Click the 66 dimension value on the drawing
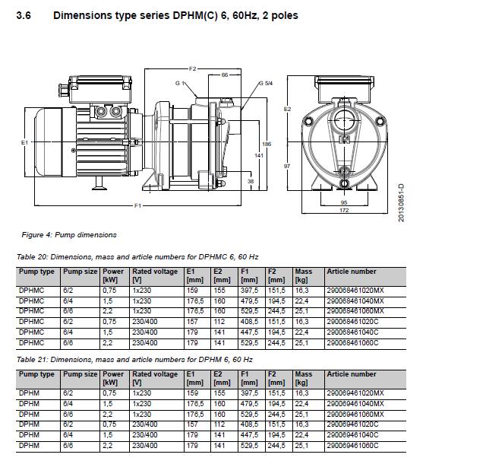(x=225, y=75)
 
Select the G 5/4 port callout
(x=265, y=83)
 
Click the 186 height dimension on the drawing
(x=266, y=143)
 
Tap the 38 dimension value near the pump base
(x=250, y=181)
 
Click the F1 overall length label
(x=138, y=205)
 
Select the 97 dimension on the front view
(x=288, y=166)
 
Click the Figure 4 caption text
(x=69, y=235)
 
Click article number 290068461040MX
(x=355, y=301)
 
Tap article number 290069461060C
(x=353, y=445)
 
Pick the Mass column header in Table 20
(x=303, y=271)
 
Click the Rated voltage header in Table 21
(x=155, y=374)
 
